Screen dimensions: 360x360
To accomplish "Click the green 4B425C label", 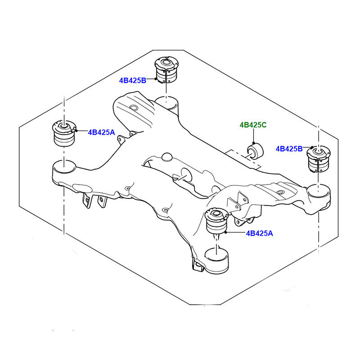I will (253, 125).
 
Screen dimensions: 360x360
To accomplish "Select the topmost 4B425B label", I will (133, 81).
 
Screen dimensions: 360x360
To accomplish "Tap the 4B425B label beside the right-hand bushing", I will (289, 148).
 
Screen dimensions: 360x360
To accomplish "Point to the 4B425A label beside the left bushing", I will (102, 132).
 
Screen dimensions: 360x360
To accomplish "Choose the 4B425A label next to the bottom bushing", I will (259, 233).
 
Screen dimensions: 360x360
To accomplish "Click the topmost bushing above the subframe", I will (166, 71).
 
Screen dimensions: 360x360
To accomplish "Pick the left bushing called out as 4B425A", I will (63, 133).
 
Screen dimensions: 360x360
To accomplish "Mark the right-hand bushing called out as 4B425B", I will (319, 159).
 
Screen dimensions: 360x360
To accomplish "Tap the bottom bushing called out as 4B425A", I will (216, 221).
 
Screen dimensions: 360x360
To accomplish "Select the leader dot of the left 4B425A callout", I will (77, 130).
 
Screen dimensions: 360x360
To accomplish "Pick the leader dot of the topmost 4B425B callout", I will (156, 80).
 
